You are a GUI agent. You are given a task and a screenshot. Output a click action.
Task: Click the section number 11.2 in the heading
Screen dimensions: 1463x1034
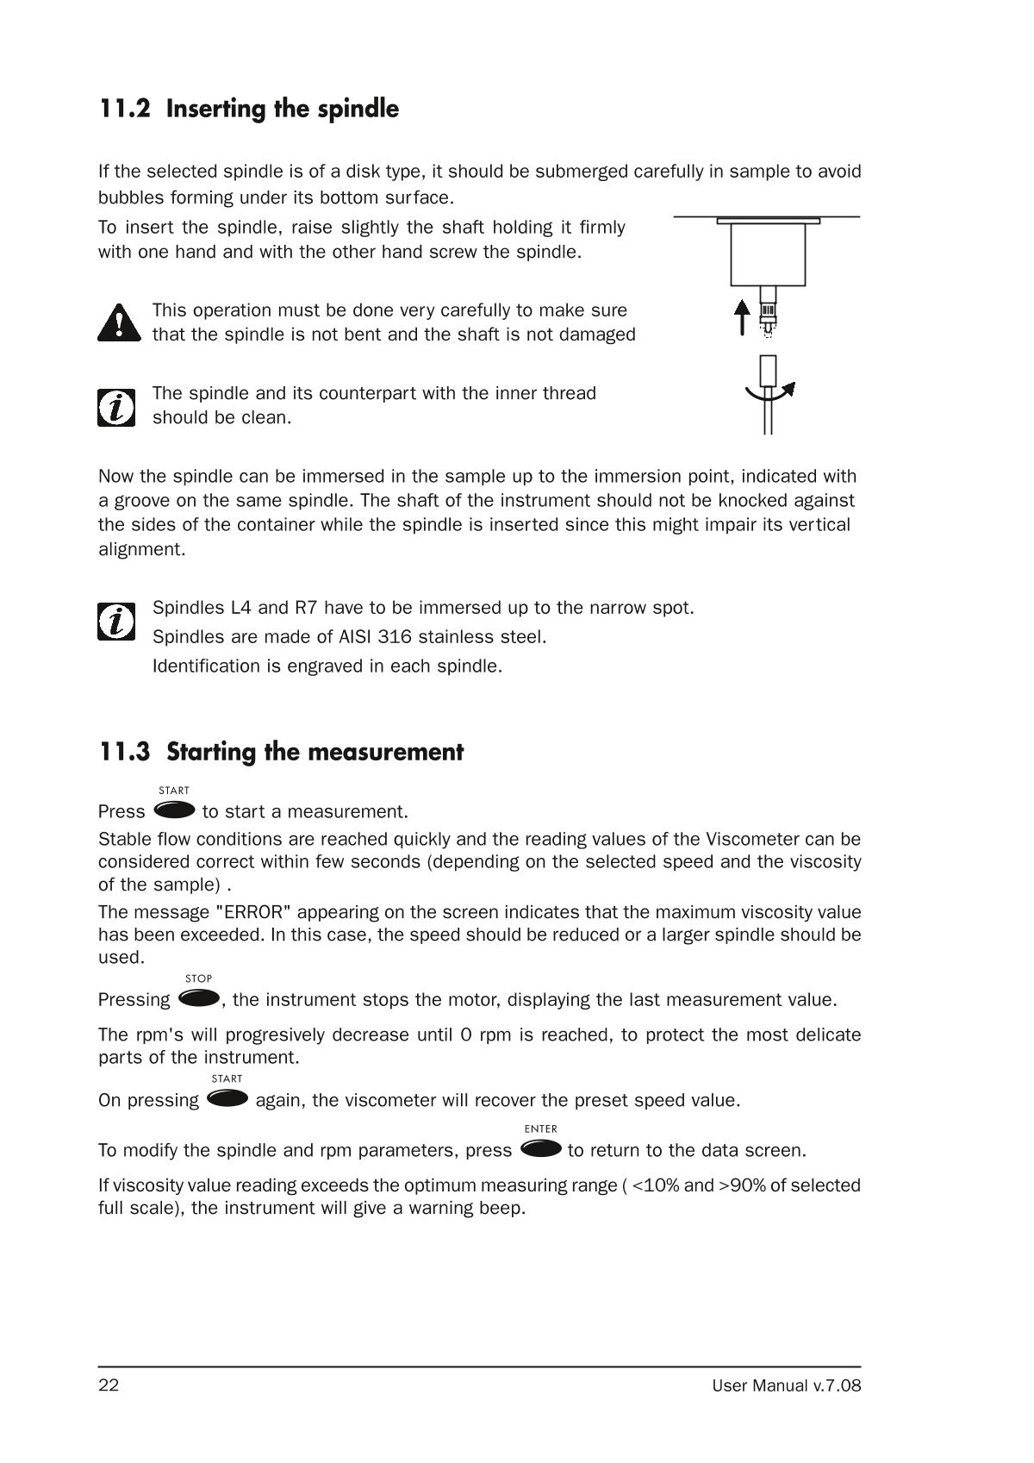124,109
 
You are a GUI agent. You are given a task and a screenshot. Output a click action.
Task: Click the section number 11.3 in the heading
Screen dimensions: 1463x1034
124,752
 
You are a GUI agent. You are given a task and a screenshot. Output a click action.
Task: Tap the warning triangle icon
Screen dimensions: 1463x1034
119,322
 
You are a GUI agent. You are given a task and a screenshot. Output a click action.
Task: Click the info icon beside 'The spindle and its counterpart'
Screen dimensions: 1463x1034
116,407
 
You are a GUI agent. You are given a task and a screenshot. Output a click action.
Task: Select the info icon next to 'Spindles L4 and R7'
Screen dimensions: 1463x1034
116,621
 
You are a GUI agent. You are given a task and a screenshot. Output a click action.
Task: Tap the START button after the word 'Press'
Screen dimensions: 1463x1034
174,810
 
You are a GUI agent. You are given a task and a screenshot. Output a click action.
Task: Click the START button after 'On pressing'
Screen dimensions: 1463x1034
227,1098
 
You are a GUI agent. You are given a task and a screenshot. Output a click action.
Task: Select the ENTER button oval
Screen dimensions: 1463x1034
541,1148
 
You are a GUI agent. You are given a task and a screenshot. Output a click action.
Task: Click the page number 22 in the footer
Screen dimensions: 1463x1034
109,1385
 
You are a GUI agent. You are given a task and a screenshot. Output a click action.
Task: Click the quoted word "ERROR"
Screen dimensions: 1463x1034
253,912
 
